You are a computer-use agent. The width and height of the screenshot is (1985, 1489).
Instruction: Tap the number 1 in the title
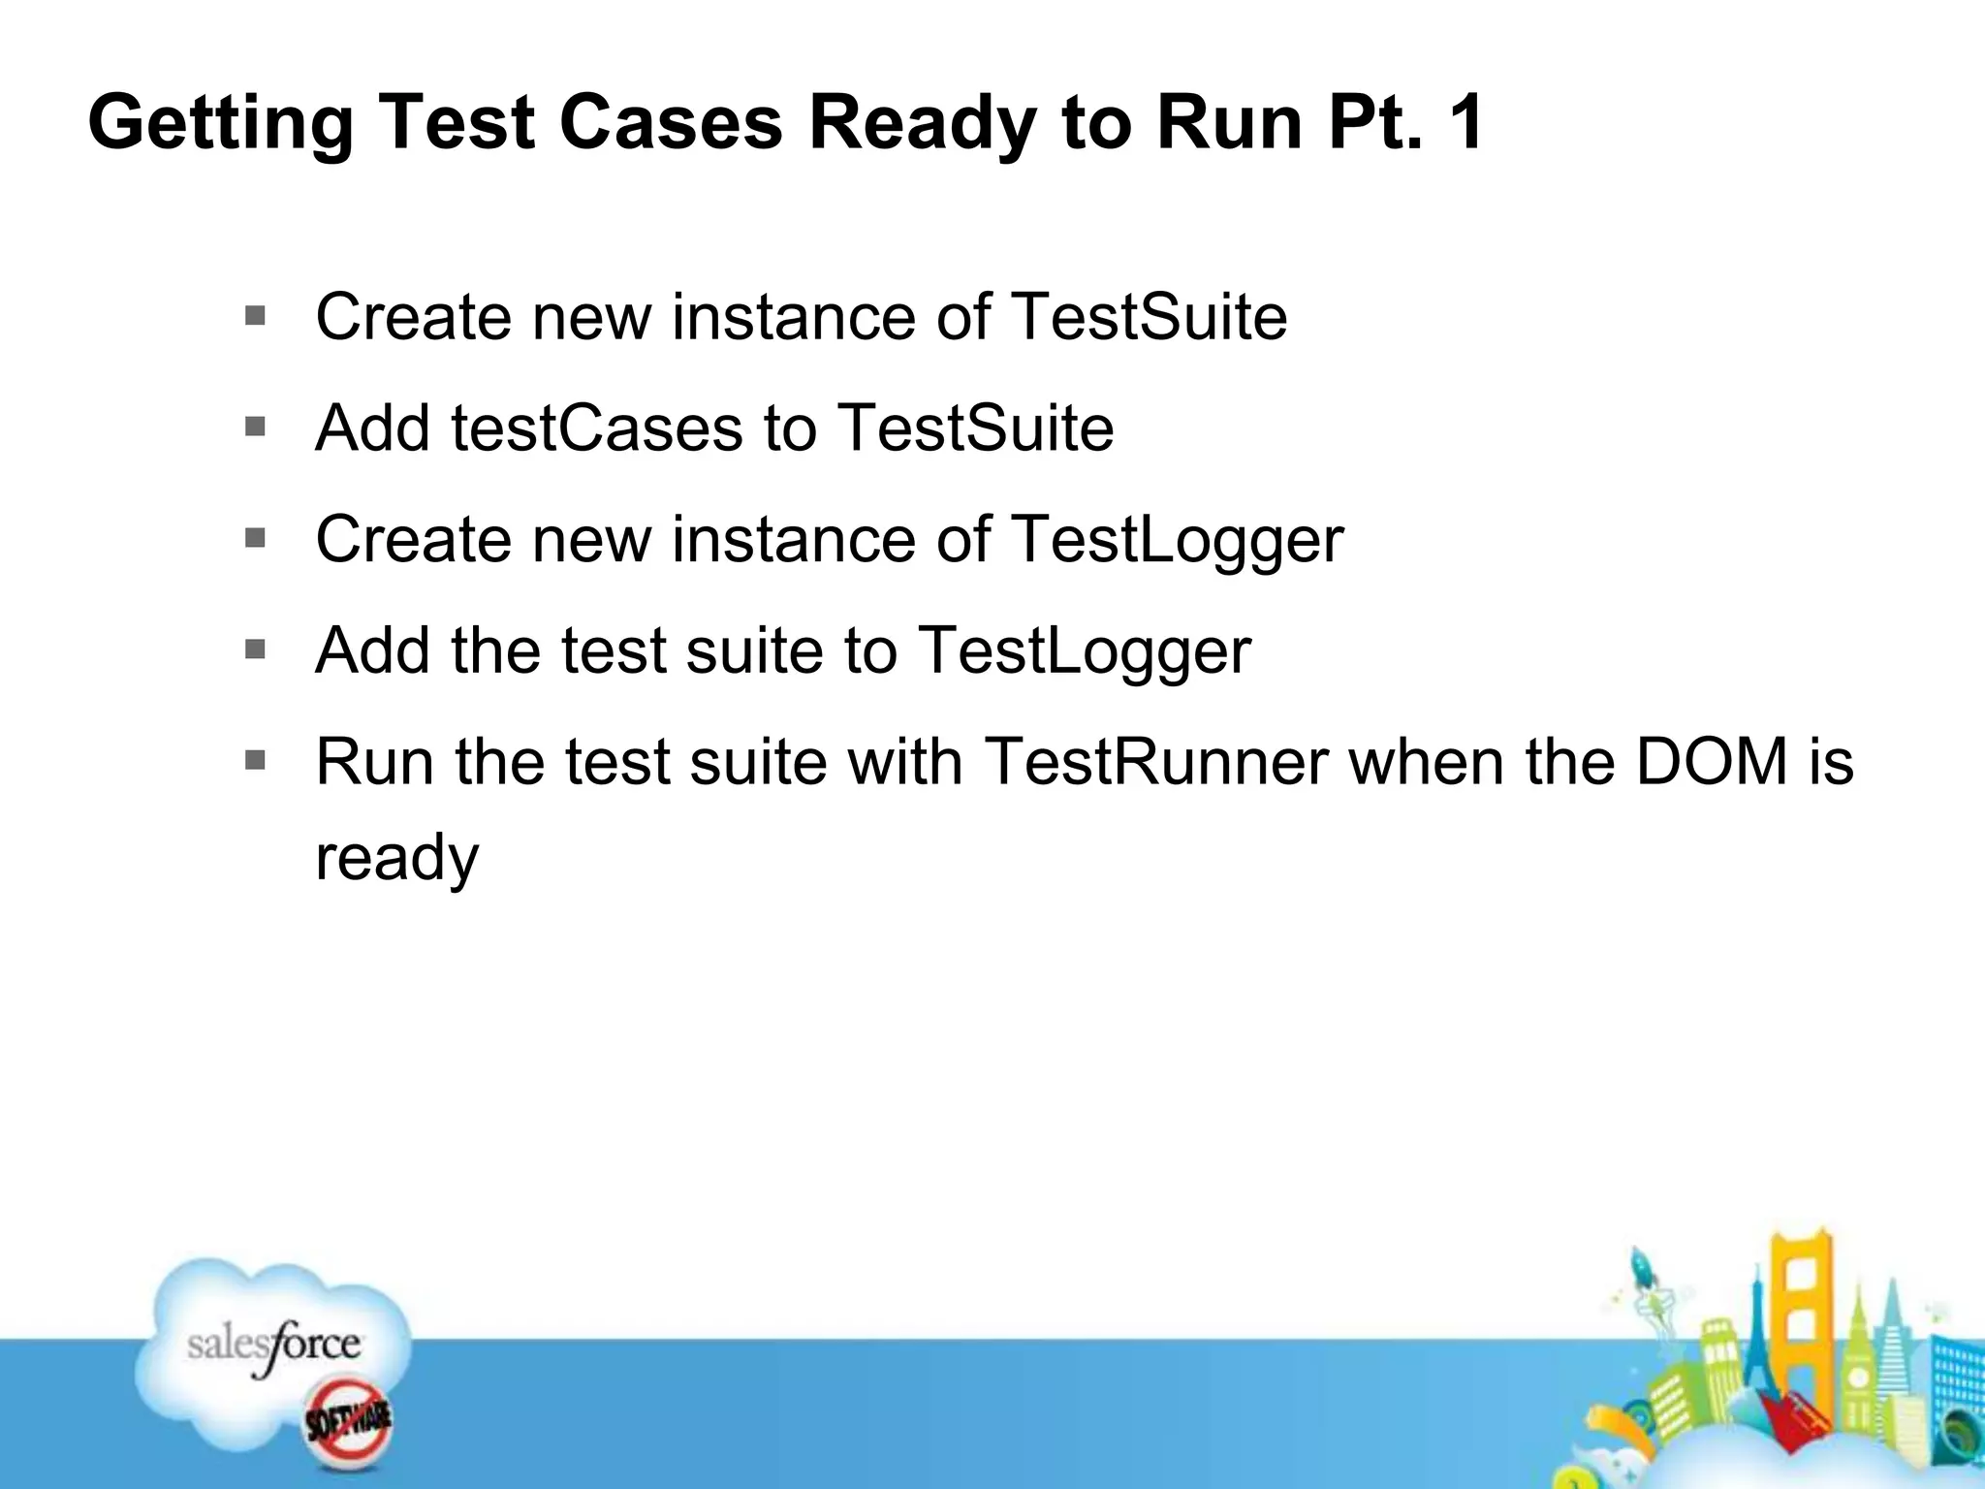click(1465, 122)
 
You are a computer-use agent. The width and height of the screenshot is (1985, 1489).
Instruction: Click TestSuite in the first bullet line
click(1149, 317)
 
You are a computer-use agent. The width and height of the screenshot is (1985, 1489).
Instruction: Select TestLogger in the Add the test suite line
click(1084, 651)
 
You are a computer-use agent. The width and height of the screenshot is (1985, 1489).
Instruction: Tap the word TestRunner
click(1155, 762)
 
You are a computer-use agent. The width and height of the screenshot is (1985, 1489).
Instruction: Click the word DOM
click(1712, 762)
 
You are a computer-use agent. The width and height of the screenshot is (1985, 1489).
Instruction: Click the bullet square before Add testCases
click(256, 428)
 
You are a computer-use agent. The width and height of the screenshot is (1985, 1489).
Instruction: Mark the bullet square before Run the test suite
click(256, 761)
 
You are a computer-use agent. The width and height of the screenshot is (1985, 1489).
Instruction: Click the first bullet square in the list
click(256, 316)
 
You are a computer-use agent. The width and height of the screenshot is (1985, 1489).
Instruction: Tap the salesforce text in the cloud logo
click(274, 1346)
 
